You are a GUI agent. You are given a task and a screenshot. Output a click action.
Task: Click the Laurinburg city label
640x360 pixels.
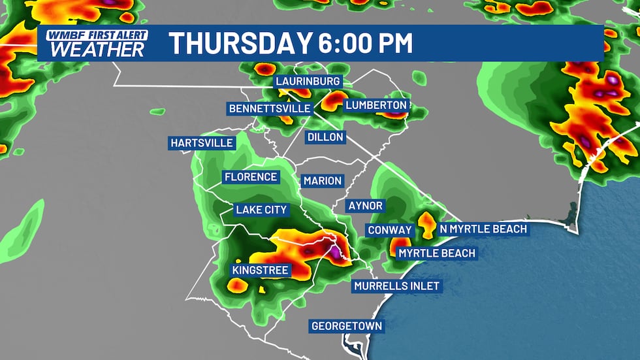pyautogui.click(x=308, y=82)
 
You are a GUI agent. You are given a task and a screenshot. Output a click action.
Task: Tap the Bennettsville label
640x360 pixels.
pyautogui.click(x=269, y=108)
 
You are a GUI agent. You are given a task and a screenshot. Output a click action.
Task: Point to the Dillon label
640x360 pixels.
pyautogui.click(x=325, y=137)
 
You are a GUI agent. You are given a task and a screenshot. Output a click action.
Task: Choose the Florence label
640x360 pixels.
pyautogui.click(x=251, y=177)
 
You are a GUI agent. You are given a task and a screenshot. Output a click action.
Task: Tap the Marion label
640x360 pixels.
pyautogui.click(x=323, y=180)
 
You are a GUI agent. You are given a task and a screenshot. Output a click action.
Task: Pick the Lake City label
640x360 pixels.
pyautogui.click(x=261, y=210)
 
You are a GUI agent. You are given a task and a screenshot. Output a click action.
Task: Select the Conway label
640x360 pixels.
pyautogui.click(x=390, y=230)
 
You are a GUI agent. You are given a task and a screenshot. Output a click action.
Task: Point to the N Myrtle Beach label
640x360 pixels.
pyautogui.click(x=483, y=229)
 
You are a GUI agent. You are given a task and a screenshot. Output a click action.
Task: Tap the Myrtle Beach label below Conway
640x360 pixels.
pyautogui.click(x=437, y=253)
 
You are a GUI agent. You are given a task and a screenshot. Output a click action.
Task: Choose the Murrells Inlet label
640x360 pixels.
pyautogui.click(x=396, y=286)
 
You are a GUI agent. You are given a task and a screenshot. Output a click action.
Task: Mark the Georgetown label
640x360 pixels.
pyautogui.click(x=347, y=325)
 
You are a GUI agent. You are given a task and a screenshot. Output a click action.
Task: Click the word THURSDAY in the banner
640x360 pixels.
pyautogui.click(x=238, y=43)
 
